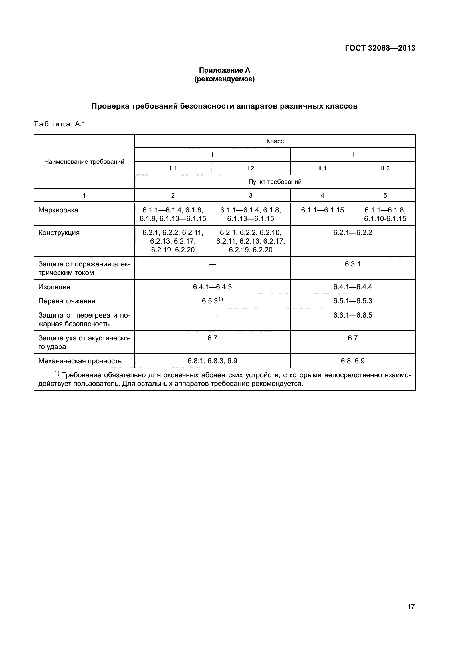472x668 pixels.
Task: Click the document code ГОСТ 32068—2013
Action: [380, 48]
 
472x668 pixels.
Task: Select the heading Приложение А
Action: [224, 70]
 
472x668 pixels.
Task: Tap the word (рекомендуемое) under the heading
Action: [224, 79]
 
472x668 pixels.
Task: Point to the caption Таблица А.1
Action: [60, 124]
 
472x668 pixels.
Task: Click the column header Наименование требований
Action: [84, 162]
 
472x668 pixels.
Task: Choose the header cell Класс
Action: [275, 141]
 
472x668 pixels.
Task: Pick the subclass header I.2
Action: [251, 168]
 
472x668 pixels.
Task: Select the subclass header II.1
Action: [322, 168]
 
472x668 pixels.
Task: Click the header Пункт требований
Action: [275, 182]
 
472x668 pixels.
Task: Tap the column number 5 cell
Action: [385, 196]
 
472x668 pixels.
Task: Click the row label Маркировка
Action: [58, 210]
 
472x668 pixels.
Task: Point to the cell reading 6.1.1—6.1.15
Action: [322, 210]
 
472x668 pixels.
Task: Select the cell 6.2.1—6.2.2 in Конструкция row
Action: [352, 233]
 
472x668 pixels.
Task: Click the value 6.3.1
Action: [352, 264]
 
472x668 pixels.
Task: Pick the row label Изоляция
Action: [54, 287]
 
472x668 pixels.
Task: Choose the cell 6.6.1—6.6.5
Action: [352, 315]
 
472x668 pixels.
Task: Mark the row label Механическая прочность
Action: [80, 361]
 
